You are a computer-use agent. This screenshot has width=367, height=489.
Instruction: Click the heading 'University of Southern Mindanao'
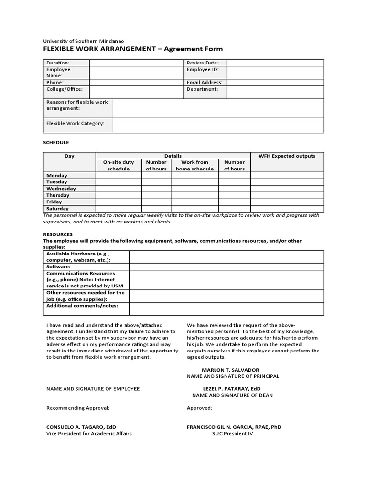tap(86, 41)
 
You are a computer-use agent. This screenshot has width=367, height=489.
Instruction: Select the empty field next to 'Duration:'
tap(136, 63)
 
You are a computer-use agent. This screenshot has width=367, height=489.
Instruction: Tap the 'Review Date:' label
tap(203, 63)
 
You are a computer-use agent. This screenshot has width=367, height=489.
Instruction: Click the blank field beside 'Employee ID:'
tap(275, 72)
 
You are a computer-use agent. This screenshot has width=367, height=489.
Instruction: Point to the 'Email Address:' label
tap(204, 82)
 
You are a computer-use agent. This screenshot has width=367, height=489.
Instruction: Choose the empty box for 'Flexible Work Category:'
tap(218, 126)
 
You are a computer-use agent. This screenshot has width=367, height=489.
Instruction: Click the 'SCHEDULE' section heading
tap(56, 142)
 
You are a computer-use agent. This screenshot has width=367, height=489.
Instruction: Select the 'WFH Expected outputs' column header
tap(287, 156)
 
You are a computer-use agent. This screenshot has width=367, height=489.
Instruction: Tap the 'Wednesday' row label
tap(61, 189)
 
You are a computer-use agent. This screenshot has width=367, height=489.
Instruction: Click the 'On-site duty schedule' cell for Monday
tap(119, 175)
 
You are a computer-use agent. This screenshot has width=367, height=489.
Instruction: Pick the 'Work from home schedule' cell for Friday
tap(194, 202)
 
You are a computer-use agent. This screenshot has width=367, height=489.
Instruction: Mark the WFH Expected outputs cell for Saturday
tap(287, 209)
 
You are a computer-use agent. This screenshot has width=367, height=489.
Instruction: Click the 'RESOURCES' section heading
tap(58, 234)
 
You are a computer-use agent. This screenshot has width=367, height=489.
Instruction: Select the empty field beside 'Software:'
tap(226, 266)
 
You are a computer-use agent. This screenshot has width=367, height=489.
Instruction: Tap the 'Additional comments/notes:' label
tap(82, 305)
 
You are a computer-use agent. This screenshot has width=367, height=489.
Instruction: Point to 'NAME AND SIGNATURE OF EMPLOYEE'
tap(93, 389)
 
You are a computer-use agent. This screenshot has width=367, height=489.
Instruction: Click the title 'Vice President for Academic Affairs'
tap(89, 434)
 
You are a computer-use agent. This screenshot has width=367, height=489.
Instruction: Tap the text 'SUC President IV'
tap(233, 434)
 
